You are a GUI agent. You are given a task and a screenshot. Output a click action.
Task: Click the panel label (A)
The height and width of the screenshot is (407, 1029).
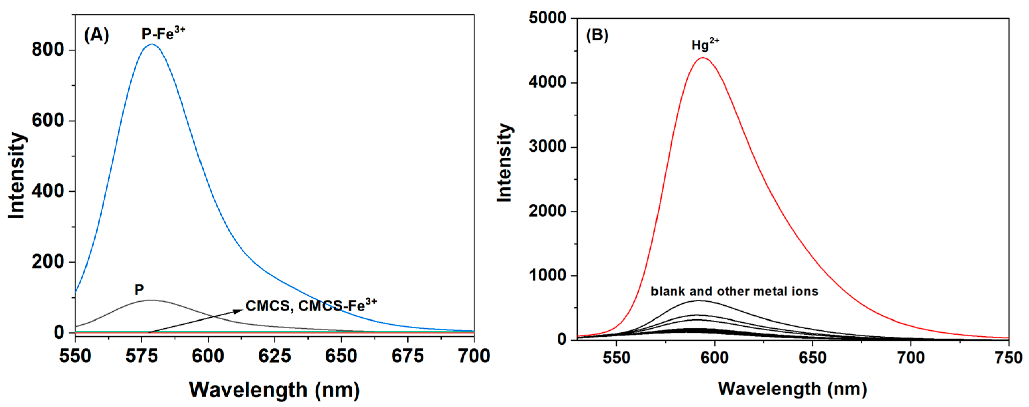(x=96, y=35)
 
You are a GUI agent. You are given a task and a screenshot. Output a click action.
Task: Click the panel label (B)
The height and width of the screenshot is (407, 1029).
(x=597, y=35)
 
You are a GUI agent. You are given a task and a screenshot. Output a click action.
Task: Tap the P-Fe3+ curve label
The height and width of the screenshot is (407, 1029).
(x=163, y=34)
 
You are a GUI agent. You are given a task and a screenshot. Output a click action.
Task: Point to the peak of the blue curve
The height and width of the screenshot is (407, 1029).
(x=152, y=44)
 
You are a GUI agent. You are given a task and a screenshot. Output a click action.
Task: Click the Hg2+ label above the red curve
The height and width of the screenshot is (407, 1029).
(x=705, y=44)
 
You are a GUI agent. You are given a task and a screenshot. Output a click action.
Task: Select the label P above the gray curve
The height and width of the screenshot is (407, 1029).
(x=139, y=290)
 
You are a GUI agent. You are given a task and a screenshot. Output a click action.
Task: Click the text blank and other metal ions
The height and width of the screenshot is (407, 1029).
(x=734, y=291)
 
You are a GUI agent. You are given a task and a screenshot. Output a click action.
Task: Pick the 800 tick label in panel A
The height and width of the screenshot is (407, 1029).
(x=48, y=50)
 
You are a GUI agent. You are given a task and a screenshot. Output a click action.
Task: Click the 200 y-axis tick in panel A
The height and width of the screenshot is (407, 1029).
(x=48, y=262)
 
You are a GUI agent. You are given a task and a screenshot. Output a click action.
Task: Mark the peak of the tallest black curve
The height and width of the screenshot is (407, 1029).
(x=699, y=300)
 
